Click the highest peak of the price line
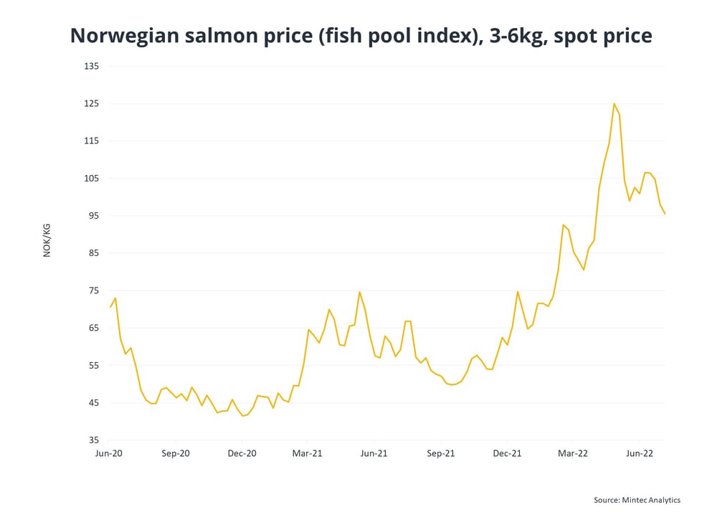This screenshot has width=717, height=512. pos(614,104)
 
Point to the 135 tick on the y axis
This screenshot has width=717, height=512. pos(92,67)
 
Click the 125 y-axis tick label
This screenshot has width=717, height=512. pos(92,104)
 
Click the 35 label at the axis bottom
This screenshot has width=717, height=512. pos(95,440)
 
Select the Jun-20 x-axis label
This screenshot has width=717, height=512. pos(109,453)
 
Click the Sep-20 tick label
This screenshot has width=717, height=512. pos(175,453)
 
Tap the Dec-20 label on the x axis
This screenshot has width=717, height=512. pos(242,453)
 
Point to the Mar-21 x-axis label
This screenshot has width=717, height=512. pos(307,453)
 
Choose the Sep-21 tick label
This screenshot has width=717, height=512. pos(440,453)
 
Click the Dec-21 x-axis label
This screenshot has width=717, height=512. pos(506,453)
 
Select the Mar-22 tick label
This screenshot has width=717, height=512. pos(572,453)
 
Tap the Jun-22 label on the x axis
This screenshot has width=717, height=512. pos(639,453)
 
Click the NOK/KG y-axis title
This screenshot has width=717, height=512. pos(47,240)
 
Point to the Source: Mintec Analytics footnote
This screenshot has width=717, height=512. pos(637,500)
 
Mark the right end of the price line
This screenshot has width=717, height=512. pos(665,214)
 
